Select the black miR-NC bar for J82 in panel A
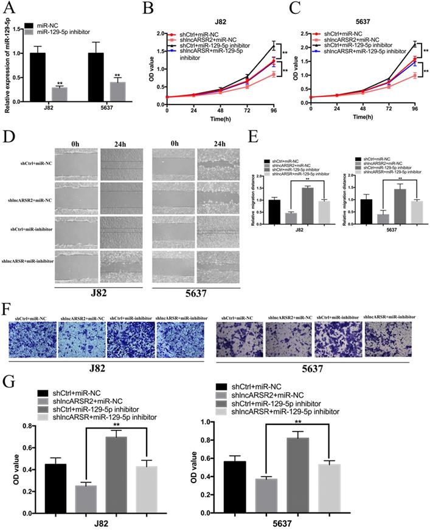[38, 78]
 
